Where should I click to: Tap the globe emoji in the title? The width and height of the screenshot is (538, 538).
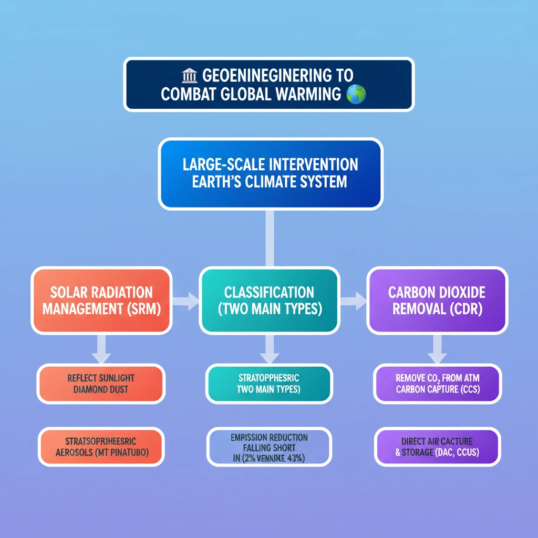pyautogui.click(x=356, y=95)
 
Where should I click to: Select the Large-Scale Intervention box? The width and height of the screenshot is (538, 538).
pyautogui.click(x=270, y=173)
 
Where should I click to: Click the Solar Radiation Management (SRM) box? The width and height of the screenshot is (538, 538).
pyautogui.click(x=101, y=300)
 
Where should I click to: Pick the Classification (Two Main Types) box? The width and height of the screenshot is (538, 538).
pyautogui.click(x=269, y=300)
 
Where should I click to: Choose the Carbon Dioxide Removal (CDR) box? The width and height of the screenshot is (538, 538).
pyautogui.click(x=437, y=300)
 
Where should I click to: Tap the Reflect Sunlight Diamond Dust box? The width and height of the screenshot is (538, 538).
pyautogui.click(x=101, y=384)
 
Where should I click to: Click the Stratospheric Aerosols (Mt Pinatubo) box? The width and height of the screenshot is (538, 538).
pyautogui.click(x=101, y=446)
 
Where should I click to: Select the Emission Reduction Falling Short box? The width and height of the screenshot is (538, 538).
pyautogui.click(x=269, y=446)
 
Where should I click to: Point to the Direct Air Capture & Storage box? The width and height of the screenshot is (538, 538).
pyautogui.click(x=437, y=446)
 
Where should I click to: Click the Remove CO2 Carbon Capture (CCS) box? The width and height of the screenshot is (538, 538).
pyautogui.click(x=437, y=384)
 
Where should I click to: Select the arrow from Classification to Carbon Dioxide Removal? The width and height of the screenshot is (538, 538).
pyautogui.click(x=353, y=301)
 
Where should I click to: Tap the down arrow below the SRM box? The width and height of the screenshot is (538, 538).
pyautogui.click(x=101, y=348)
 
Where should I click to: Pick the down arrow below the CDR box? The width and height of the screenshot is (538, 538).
pyautogui.click(x=437, y=348)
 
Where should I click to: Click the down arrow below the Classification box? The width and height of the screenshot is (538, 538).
pyautogui.click(x=269, y=348)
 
